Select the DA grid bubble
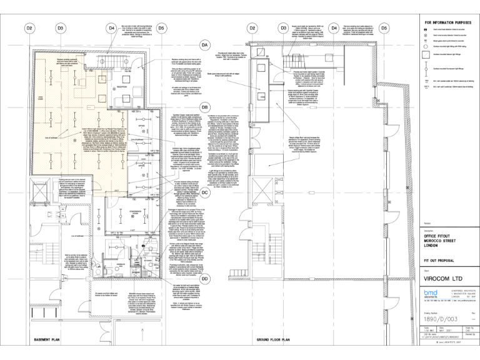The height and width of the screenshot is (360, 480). click(x=204, y=46)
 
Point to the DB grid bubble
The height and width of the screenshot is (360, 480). click(x=204, y=107)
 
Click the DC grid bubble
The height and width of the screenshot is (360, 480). click(x=204, y=193)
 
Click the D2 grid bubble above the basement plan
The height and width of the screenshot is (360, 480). click(x=29, y=28)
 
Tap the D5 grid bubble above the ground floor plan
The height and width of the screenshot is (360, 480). click(x=384, y=28)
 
